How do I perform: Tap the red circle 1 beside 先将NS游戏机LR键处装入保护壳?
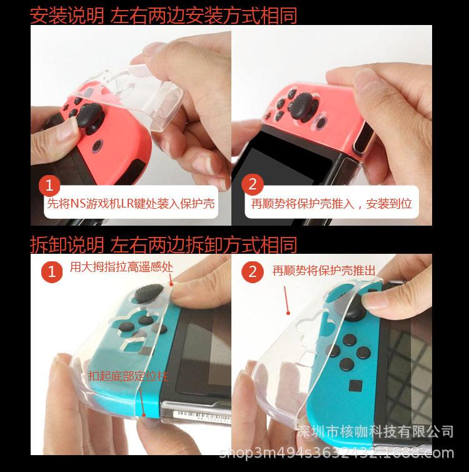point(50,184)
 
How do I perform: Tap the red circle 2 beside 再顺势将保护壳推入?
point(253,184)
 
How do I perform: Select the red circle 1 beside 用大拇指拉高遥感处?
point(52,271)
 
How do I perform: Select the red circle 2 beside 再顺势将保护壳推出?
point(253,271)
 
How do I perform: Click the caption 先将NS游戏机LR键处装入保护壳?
point(130,203)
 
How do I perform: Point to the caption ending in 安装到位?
point(331,203)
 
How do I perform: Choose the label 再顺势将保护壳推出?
point(324,271)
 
